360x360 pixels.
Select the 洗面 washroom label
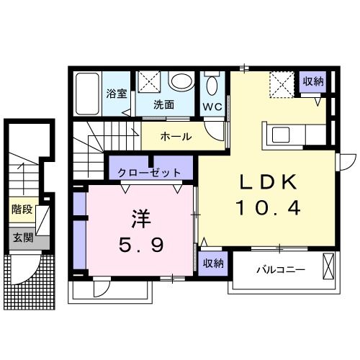[164, 104]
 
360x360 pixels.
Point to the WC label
[212, 105]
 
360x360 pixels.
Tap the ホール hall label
[176, 136]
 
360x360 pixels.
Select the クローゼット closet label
[150, 172]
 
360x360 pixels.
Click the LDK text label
[267, 183]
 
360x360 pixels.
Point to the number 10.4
[267, 210]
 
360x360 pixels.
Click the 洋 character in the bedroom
[140, 217]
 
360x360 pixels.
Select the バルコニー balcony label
[282, 270]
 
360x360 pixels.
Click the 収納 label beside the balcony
[212, 263]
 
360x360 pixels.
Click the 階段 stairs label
[22, 210]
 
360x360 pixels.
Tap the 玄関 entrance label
[22, 236]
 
